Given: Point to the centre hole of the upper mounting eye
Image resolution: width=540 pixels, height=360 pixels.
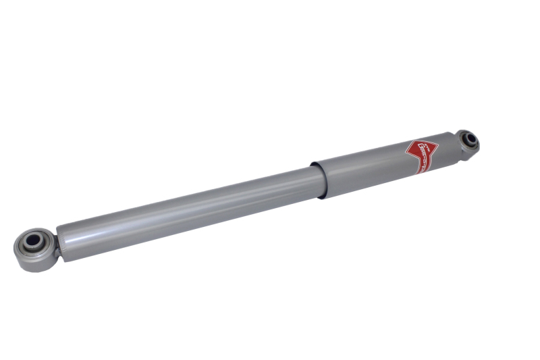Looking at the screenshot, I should click(x=468, y=140).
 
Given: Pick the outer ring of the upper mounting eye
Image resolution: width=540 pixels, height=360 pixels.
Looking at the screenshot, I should click(x=475, y=134).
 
